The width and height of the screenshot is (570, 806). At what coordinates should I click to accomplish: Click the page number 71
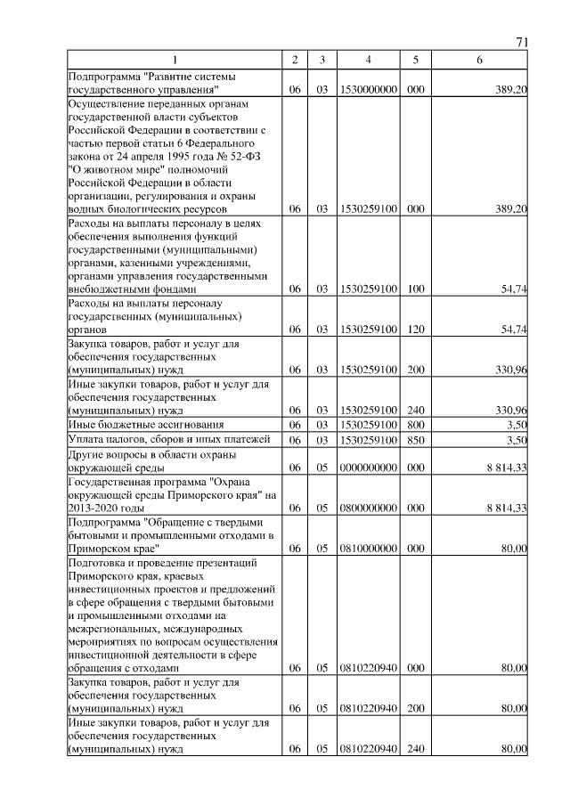tap(522, 43)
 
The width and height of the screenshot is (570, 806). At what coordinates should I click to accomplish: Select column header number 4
tap(368, 59)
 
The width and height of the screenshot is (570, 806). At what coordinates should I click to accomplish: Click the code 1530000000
tap(368, 90)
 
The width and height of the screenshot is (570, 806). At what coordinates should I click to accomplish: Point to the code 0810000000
tap(368, 549)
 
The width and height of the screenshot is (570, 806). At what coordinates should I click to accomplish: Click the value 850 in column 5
tap(414, 440)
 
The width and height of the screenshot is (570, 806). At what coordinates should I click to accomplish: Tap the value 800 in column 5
tap(414, 426)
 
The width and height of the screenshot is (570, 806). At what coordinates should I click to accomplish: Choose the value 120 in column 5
tap(414, 330)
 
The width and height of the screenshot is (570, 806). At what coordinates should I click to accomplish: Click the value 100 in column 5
tap(414, 289)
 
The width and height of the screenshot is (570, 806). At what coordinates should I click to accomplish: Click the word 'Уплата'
tap(86, 440)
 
